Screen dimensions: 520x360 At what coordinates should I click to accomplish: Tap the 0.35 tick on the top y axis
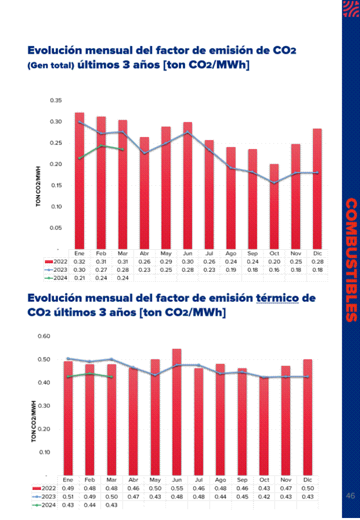[x=55, y=101]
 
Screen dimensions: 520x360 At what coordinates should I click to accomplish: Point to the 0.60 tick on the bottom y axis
[x=44, y=336]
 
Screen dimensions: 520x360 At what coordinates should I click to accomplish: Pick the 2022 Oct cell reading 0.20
[x=274, y=261]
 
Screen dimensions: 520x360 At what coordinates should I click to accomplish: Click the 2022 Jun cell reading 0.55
[x=176, y=488]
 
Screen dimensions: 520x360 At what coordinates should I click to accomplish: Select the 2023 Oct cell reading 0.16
[x=274, y=270]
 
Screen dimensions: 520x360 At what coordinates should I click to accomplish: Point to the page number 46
[x=350, y=496]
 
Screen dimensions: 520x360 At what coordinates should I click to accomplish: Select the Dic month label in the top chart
[x=317, y=253]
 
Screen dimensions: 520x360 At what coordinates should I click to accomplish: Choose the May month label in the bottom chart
[x=155, y=479]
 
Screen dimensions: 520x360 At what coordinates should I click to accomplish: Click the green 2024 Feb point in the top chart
[x=101, y=146]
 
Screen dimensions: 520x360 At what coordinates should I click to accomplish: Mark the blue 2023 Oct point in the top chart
[x=274, y=183]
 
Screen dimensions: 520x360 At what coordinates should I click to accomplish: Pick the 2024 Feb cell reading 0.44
[x=89, y=505]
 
